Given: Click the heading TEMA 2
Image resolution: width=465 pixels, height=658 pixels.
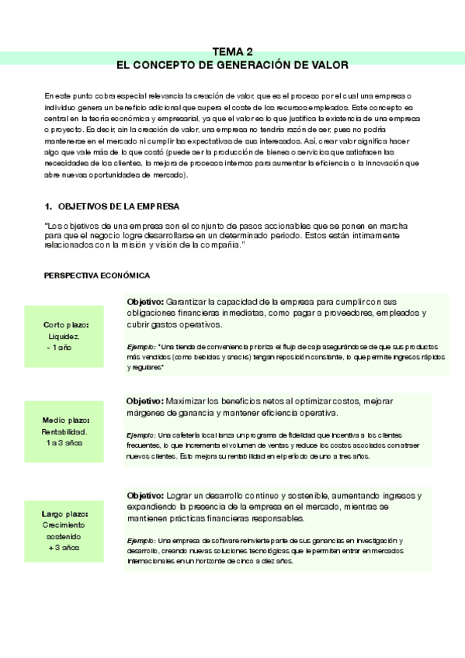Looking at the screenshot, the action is click(x=232, y=48).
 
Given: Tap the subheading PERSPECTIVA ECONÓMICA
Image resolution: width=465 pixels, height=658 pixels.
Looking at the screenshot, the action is click(x=97, y=275).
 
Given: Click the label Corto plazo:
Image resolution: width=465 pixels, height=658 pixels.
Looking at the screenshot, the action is click(x=66, y=324).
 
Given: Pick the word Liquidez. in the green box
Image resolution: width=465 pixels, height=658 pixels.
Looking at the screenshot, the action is click(x=63, y=337).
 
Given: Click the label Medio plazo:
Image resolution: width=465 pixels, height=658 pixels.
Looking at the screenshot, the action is click(x=66, y=420).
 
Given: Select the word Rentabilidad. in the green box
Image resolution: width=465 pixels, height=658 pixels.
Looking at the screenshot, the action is click(x=64, y=431).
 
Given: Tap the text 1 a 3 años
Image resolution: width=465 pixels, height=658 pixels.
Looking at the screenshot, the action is click(x=63, y=443).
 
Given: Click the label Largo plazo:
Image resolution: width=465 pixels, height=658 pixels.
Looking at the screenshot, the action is click(x=65, y=514).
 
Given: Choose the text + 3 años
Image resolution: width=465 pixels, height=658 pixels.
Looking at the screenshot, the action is click(x=64, y=548).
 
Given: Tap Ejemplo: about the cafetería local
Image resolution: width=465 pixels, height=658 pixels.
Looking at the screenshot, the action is click(x=141, y=435).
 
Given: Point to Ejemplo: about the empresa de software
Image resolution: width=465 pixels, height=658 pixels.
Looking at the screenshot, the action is click(x=141, y=539).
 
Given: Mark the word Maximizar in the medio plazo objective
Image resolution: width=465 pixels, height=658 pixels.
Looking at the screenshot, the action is click(x=187, y=400).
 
